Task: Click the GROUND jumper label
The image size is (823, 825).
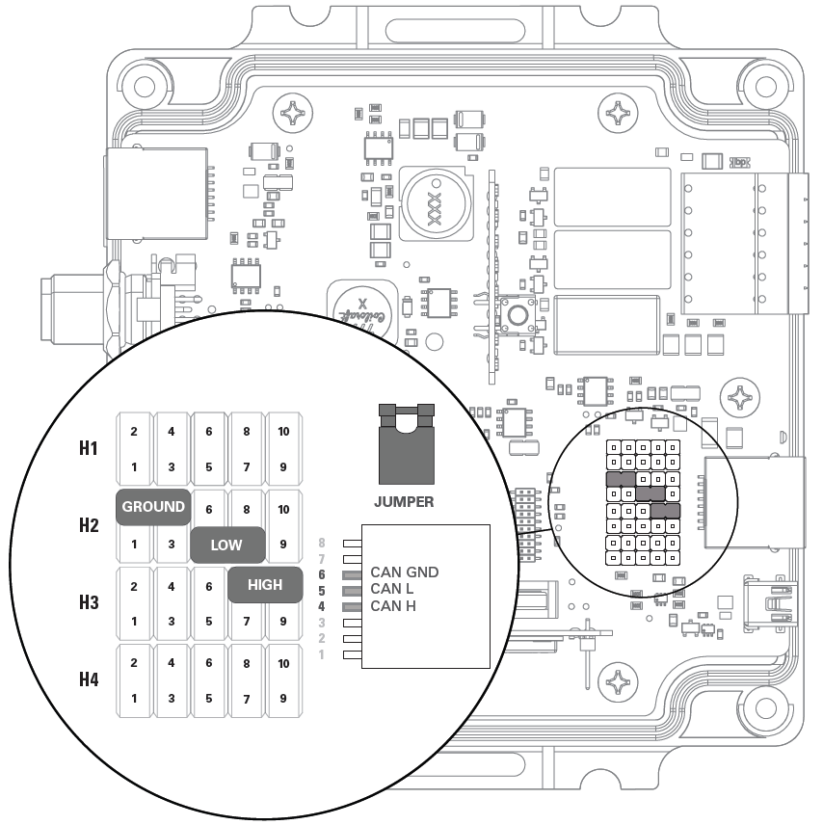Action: (x=153, y=507)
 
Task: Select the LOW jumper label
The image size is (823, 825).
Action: (x=226, y=545)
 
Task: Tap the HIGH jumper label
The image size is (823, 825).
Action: (x=265, y=584)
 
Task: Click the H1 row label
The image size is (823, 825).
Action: (x=89, y=448)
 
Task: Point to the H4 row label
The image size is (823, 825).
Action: (x=89, y=679)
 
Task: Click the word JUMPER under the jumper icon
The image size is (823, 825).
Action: (x=404, y=502)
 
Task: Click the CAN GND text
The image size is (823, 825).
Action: (x=404, y=572)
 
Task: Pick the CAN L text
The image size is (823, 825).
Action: (x=391, y=589)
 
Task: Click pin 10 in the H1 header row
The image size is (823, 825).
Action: (x=282, y=431)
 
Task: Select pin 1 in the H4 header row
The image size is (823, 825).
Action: (x=134, y=698)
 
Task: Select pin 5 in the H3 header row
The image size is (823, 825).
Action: (x=208, y=621)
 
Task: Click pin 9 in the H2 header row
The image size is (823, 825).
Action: (x=282, y=545)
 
